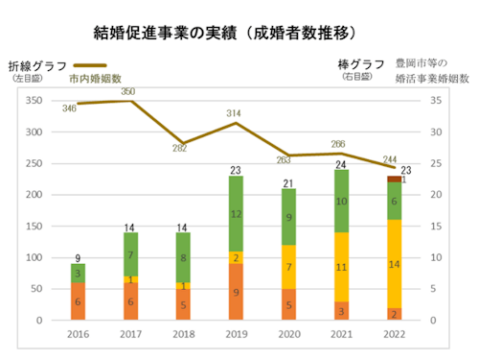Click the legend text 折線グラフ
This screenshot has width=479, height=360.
point(39,66)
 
